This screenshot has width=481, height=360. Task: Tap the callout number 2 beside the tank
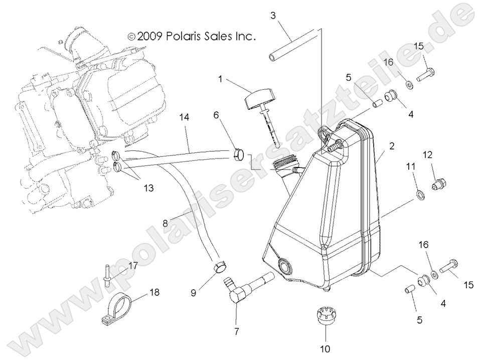[x=392, y=146]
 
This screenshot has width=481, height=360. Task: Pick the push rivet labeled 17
[x=107, y=275]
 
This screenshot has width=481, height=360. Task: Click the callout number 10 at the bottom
[x=325, y=348]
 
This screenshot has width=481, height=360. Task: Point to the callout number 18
[x=155, y=292]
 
